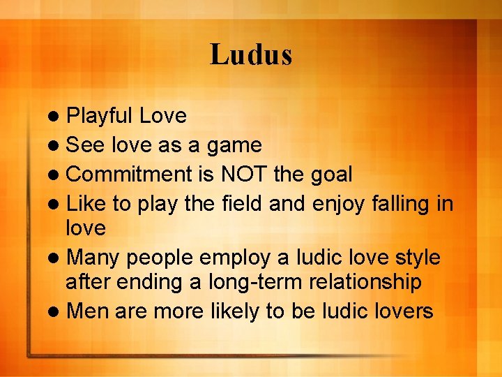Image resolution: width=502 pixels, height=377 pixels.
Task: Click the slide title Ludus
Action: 251,55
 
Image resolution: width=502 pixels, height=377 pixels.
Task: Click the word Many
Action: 93,258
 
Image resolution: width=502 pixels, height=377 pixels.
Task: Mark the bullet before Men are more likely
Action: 54,311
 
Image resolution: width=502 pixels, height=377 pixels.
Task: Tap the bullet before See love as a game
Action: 54,146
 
